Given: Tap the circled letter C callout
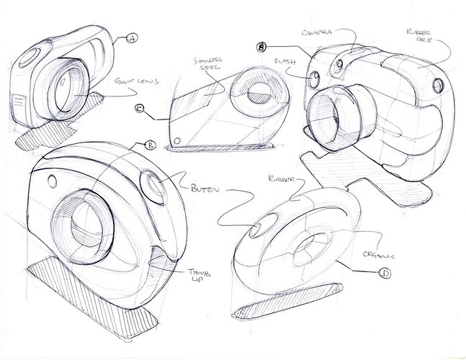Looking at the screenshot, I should click(140, 109).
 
